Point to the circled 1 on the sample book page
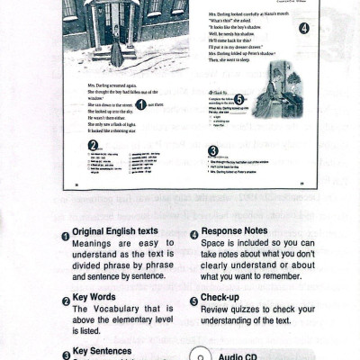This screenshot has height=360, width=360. click(x=139, y=104)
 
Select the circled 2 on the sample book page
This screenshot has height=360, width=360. click(x=93, y=145)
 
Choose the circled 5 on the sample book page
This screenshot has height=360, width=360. click(x=238, y=99)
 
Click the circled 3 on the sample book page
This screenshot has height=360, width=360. click(x=212, y=150)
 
